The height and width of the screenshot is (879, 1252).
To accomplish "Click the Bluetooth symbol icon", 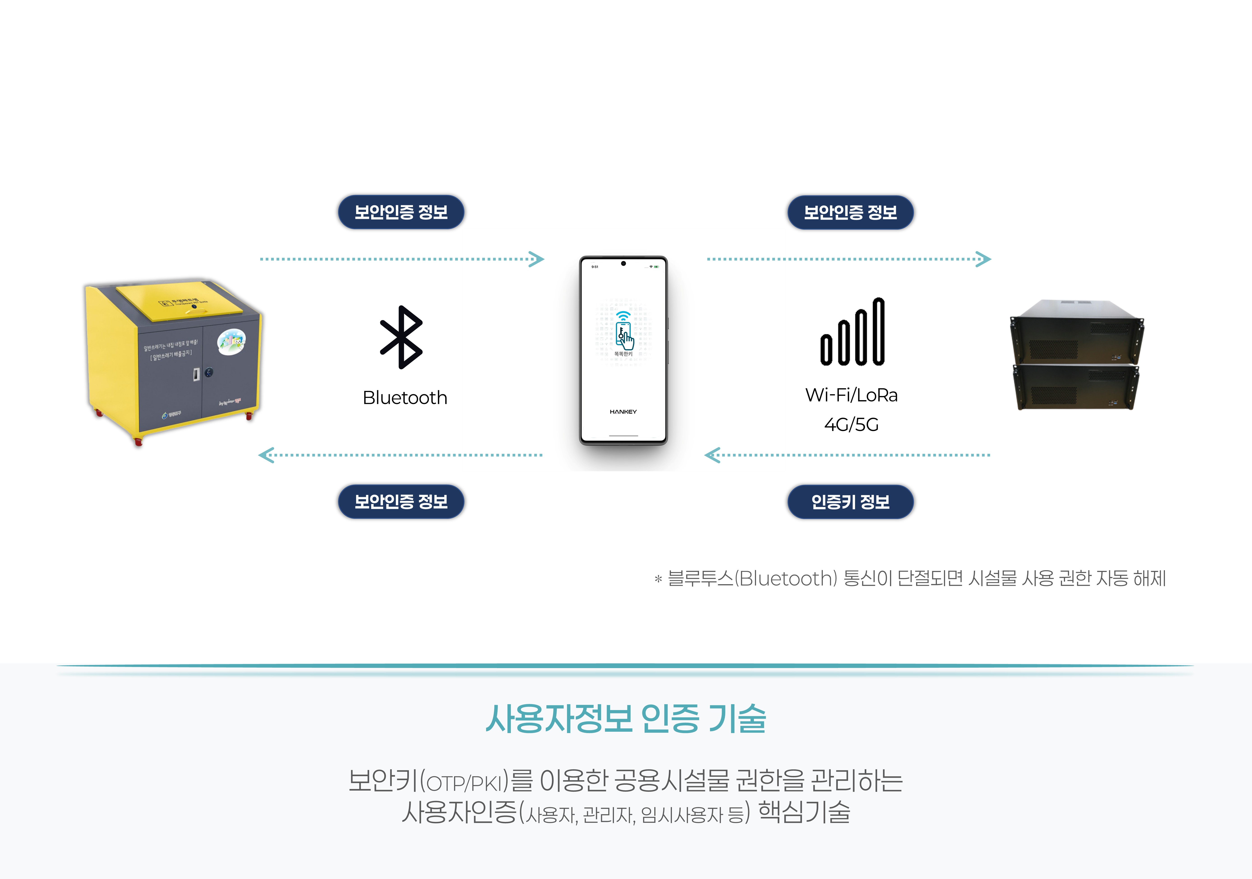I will [x=401, y=337].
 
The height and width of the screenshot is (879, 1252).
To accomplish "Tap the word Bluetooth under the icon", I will [x=405, y=397].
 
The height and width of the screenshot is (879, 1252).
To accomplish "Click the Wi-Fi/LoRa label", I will [x=851, y=395].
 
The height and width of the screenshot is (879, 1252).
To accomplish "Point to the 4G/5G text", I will [x=851, y=424].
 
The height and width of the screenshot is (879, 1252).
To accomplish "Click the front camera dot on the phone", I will [x=623, y=263].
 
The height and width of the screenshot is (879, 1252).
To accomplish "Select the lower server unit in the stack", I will [x=1075, y=387].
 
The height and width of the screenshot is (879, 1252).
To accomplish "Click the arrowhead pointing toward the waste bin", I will [x=266, y=455].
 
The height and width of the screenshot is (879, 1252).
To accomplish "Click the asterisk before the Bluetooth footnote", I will [x=658, y=579].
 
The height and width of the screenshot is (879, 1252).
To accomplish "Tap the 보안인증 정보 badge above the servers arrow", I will [x=850, y=212].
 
